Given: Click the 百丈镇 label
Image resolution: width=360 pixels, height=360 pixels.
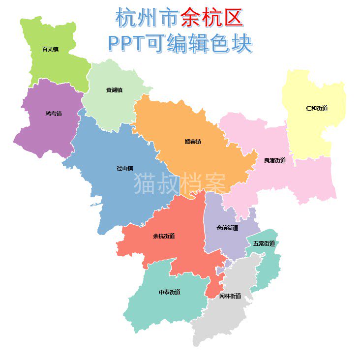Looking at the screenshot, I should pos(50,49).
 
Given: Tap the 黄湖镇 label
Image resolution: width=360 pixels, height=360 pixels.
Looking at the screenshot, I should pos(114,90).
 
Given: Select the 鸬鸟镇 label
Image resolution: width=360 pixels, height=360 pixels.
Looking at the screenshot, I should pos(53,113).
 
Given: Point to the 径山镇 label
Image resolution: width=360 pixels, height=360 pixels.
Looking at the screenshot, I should pos(124,168).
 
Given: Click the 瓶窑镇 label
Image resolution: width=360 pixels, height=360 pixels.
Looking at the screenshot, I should pos(193,142).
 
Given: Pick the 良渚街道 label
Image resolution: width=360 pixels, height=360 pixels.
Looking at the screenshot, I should pos(274,160).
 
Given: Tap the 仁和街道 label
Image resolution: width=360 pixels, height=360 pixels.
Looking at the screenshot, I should pos(316,108).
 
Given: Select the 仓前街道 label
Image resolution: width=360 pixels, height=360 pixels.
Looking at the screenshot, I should pos(227,228).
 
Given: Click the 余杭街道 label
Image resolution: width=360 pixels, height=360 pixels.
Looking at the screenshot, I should pos(164,236).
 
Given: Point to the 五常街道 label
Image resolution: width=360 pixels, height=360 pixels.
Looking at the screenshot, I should pos(264,243).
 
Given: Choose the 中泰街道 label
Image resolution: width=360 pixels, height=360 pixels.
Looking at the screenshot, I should pos(169,292).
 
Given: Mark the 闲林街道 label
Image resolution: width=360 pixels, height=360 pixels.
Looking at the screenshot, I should pos(230,296).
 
